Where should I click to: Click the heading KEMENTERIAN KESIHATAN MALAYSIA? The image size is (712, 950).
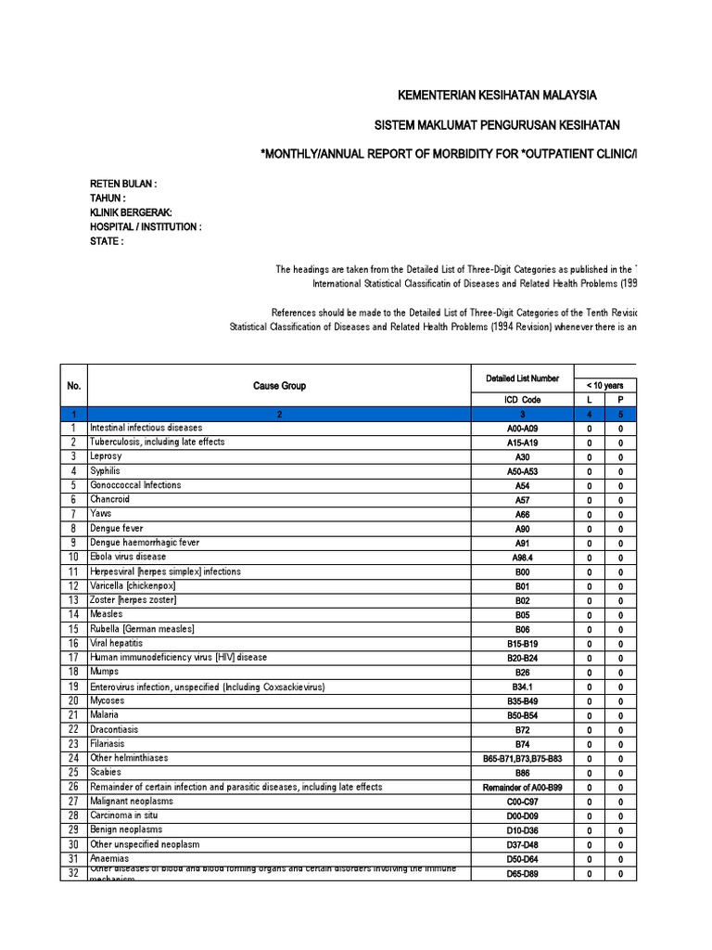point(497,96)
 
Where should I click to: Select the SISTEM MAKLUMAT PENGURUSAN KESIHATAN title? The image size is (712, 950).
point(497,125)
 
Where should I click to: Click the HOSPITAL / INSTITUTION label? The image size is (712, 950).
point(146,226)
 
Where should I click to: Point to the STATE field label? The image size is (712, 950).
point(107,241)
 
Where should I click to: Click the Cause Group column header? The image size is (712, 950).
point(280,386)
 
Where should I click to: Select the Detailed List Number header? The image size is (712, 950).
point(522,379)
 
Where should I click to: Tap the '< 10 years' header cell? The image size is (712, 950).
point(604,385)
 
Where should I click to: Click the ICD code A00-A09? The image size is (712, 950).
point(522,429)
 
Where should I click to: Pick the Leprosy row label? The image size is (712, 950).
point(107,456)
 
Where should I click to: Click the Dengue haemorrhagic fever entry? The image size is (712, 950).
point(145,543)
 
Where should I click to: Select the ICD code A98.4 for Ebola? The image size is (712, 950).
point(522,558)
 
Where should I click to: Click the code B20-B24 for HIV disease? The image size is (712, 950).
point(522,658)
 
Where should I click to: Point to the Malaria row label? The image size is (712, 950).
point(105,714)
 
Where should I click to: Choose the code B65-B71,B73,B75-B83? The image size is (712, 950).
point(522,759)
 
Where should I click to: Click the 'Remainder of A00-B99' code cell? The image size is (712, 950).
point(522,788)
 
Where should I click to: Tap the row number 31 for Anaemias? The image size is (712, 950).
point(73,859)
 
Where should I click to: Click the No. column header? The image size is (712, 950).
point(74,386)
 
